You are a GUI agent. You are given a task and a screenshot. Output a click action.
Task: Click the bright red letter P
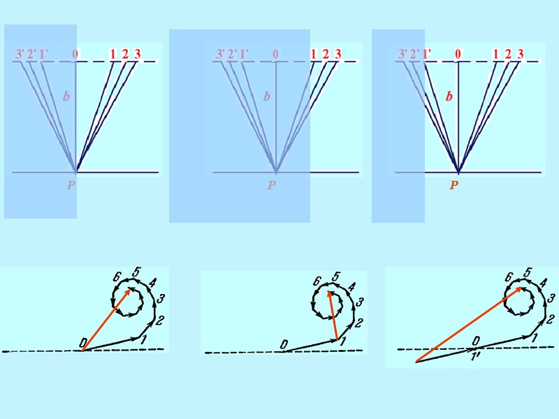453,186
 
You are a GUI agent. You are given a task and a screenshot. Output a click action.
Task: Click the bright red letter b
449,97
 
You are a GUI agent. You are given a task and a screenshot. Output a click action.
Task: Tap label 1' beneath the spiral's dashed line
475,355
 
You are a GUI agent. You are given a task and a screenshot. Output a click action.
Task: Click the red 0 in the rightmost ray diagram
458,54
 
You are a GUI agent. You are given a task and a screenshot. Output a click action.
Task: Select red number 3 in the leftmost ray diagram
137,54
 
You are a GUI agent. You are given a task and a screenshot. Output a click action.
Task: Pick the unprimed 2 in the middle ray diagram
326,54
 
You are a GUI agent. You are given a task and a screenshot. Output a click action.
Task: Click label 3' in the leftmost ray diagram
20,54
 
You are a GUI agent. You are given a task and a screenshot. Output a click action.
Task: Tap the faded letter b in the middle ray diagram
266,97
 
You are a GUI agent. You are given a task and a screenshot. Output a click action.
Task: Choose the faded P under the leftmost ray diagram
71,186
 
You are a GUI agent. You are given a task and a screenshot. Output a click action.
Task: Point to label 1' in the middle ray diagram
243,54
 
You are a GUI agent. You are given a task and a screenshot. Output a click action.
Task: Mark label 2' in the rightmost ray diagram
414,54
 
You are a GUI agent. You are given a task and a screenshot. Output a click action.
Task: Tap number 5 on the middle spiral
335,277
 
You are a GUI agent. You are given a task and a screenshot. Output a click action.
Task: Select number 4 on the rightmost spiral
543,283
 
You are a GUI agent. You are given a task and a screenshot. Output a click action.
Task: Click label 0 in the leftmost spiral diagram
83,342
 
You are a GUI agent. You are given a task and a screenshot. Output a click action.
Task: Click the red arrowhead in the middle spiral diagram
330,293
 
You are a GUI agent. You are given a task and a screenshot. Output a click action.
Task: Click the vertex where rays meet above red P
458,171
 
